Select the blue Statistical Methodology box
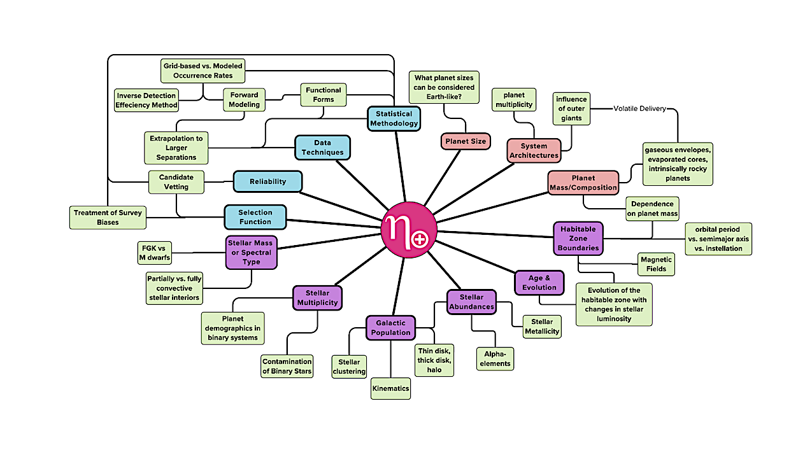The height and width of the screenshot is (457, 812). (394, 119)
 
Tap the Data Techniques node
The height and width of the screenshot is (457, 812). (323, 148)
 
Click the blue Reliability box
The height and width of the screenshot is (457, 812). (267, 181)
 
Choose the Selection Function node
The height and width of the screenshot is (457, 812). (255, 217)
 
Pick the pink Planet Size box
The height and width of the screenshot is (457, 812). (466, 141)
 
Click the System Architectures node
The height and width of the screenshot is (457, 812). (534, 151)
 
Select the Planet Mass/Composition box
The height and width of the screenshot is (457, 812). (583, 183)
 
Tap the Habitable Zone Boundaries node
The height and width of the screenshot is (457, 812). (578, 238)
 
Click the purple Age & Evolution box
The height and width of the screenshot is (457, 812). (539, 283)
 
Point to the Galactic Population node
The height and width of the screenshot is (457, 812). (390, 328)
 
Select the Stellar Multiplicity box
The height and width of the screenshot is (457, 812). (317, 298)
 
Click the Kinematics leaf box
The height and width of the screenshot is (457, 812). (391, 388)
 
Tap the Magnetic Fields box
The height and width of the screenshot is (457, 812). (656, 264)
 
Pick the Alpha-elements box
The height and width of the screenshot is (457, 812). (495, 359)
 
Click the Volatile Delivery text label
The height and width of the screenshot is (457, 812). (639, 109)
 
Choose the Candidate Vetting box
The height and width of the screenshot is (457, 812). (177, 181)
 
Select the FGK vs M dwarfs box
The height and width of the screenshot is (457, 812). (154, 253)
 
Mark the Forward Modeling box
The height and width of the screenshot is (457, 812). (245, 100)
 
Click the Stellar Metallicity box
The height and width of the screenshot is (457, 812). (542, 326)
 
